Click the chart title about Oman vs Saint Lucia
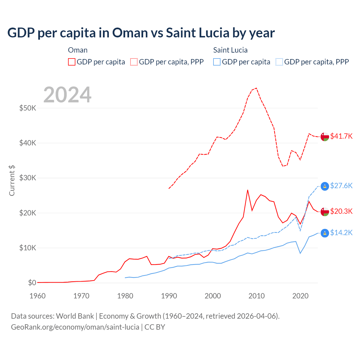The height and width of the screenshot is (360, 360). tap(141, 33)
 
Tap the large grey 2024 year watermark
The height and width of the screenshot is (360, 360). tap(67, 95)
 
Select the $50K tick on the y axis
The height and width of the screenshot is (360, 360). tap(28, 108)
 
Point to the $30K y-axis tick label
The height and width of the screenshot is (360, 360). tap(28, 178)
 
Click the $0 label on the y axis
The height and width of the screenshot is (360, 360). tap(32, 283)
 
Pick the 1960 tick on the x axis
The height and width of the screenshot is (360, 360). tap(37, 296)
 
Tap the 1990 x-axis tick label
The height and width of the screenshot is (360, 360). tap(169, 296)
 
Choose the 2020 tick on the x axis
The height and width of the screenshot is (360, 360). tap(300, 296)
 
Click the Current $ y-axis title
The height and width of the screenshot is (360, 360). tap(12, 181)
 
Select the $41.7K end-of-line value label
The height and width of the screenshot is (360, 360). tap(341, 136)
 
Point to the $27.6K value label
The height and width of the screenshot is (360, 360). tap(341, 186)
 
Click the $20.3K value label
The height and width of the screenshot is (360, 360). tap(341, 211)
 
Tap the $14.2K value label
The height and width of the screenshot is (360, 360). tap(341, 233)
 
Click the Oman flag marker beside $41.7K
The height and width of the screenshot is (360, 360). tap(325, 137)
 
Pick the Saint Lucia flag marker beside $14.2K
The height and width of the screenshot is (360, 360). tap(325, 233)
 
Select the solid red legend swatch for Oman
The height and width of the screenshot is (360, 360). tap(72, 62)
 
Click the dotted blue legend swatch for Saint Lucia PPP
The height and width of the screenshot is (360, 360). tap(279, 62)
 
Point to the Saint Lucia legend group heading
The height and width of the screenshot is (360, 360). tap(230, 50)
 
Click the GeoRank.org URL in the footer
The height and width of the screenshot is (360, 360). tap(75, 327)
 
